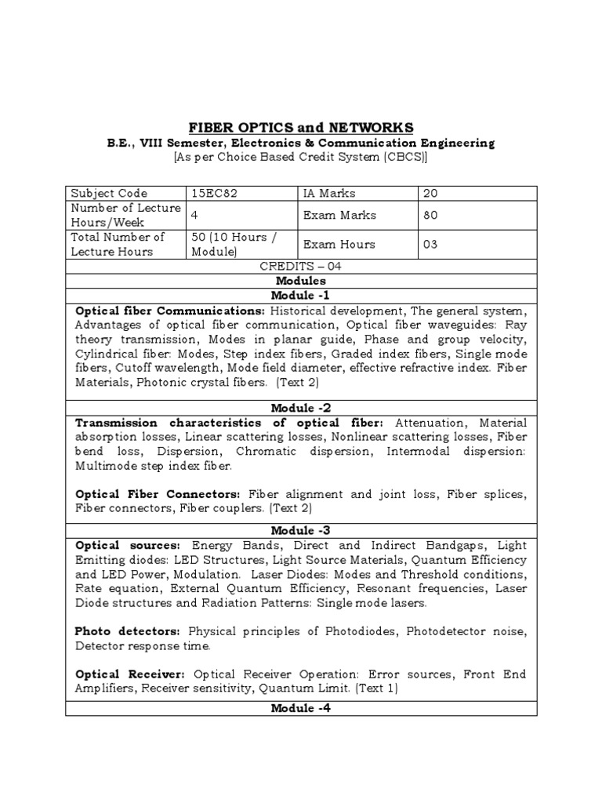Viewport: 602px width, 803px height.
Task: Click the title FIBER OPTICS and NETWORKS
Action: point(301,128)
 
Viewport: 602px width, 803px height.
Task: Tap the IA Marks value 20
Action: point(430,193)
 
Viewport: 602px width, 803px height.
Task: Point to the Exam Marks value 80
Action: point(430,215)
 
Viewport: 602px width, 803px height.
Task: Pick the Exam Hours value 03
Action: point(430,244)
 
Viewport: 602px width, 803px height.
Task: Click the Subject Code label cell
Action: point(109,193)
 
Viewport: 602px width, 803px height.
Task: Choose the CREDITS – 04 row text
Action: point(301,266)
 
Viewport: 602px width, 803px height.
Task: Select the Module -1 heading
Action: point(301,295)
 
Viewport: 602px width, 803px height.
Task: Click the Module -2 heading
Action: point(301,408)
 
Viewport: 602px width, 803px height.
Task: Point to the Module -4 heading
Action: point(301,708)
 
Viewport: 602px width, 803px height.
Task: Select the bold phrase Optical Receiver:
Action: point(130,674)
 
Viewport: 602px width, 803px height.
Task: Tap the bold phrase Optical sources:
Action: point(128,544)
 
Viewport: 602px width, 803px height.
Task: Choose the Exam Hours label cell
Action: point(339,244)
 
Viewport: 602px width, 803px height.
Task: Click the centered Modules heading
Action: point(301,280)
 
